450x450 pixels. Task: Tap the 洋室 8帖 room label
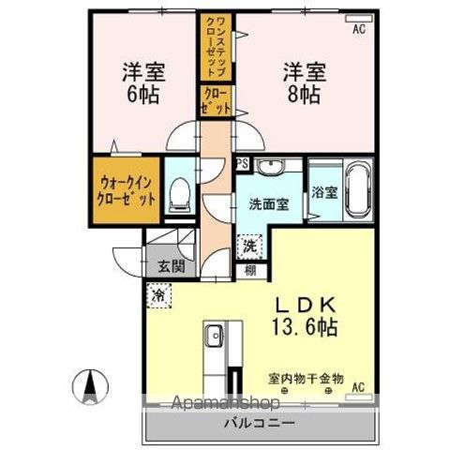[x=305, y=82]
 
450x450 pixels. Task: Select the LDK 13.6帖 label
[x=307, y=317]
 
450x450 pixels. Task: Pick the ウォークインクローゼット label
[x=125, y=192]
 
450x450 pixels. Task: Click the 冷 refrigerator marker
[x=157, y=293]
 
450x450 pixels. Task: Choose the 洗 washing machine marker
[x=248, y=247]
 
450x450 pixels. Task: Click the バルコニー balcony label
[x=261, y=424]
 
